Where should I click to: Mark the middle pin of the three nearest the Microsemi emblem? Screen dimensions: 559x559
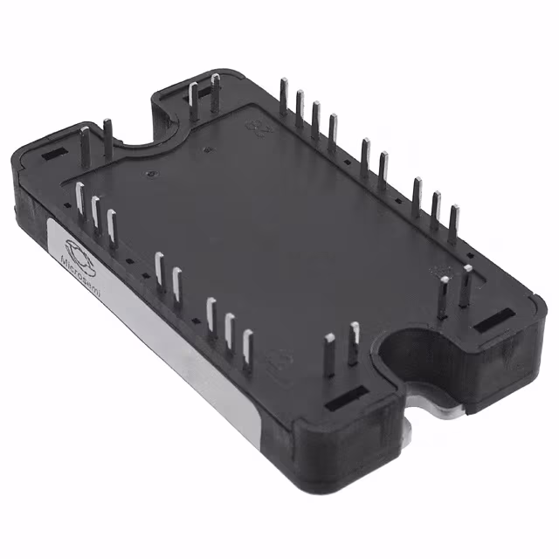pyautogui.click(x=95, y=217)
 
